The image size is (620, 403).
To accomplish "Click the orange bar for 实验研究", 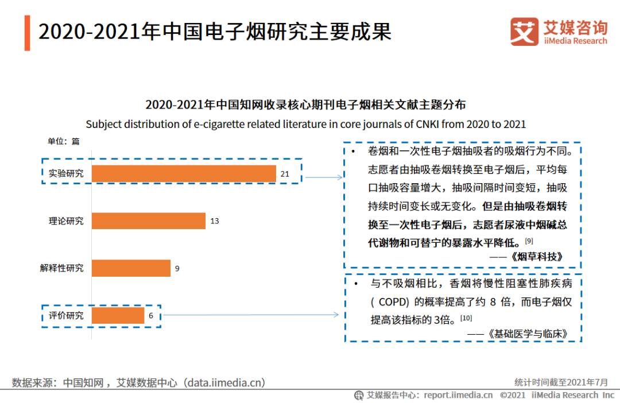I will point(184,173).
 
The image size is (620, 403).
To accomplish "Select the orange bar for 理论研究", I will point(148,221).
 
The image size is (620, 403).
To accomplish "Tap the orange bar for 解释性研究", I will point(131,268).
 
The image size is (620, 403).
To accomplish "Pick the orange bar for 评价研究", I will point(118,315).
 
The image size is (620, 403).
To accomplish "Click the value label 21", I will point(285,173).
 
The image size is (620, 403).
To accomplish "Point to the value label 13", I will point(215,221).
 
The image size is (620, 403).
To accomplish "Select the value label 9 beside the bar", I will point(177,268).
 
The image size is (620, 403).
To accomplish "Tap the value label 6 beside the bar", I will point(152,315).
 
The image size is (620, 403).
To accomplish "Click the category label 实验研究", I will point(65,173).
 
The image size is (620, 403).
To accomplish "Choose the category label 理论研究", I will point(65,221).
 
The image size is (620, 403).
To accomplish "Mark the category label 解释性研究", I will point(61,268).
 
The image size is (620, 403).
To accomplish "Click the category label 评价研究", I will point(65,315).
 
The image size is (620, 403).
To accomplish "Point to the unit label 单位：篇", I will point(63,141).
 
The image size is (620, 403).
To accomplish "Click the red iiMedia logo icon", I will point(524,32).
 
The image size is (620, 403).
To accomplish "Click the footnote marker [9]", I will point(529,240).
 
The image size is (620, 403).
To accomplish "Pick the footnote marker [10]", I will point(466,317).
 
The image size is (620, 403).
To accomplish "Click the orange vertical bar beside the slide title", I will point(27,33).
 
